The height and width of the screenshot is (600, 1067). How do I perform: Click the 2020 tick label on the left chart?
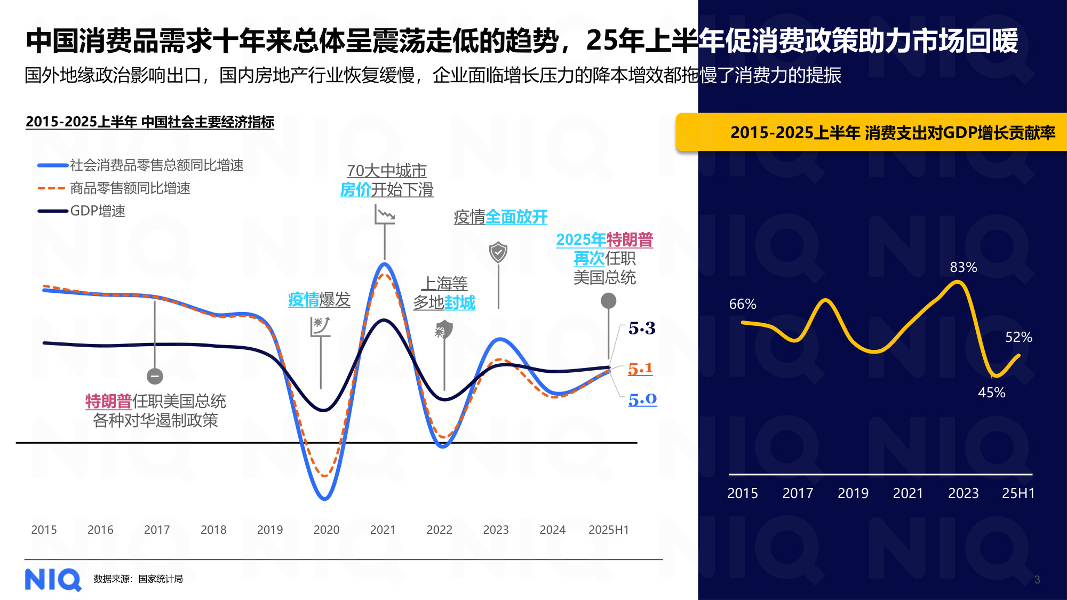(326, 530)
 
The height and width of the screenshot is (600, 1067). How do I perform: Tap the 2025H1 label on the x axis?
(608, 530)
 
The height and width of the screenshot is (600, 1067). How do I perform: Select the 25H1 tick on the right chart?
(1018, 493)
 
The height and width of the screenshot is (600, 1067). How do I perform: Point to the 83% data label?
(963, 267)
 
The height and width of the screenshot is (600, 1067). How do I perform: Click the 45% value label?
(991, 393)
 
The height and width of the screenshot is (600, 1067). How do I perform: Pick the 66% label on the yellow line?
(742, 304)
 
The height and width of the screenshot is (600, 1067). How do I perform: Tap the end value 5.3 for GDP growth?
(641, 328)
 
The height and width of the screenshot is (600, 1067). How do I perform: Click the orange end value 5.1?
(640, 369)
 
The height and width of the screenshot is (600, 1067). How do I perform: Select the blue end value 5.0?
(642, 399)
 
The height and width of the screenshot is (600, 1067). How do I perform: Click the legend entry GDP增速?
(97, 211)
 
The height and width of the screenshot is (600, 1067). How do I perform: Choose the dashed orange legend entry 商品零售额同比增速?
(130, 188)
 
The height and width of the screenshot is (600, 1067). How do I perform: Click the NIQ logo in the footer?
(53, 579)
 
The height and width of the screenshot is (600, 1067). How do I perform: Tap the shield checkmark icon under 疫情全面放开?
(498, 252)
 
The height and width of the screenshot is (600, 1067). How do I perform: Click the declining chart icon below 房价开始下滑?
(385, 215)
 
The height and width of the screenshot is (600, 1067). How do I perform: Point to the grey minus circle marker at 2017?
(155, 376)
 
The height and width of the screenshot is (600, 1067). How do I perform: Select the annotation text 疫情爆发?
(319, 300)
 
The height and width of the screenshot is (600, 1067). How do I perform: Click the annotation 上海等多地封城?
(444, 293)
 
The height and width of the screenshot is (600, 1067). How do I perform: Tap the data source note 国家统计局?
(138, 579)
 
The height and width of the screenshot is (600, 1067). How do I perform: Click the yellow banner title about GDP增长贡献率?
(892, 132)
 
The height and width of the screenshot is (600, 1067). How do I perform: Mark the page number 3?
(1037, 580)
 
